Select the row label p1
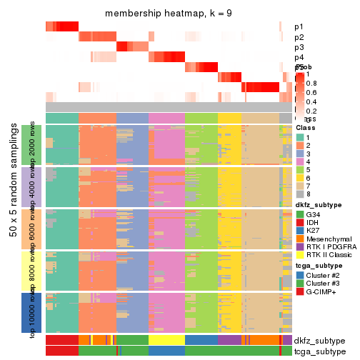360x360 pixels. click(299, 26)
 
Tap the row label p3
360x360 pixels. click(299, 47)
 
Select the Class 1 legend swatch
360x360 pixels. click(300, 137)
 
